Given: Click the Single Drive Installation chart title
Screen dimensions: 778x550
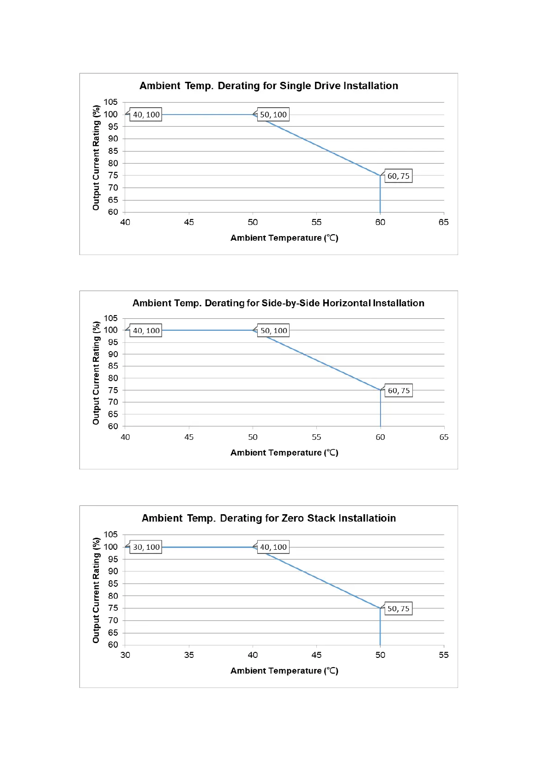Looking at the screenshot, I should (x=269, y=86).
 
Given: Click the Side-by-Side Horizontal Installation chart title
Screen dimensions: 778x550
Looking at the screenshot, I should (x=278, y=303).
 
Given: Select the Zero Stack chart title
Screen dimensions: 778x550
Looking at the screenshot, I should (x=269, y=518).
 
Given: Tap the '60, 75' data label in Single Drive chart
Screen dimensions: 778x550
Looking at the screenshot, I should (x=398, y=176).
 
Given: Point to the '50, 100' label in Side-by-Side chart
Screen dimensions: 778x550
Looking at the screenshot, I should (x=273, y=331).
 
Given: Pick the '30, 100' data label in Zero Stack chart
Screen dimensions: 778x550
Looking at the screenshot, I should (x=146, y=547).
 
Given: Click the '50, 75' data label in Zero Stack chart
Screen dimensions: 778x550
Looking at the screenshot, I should (x=398, y=608).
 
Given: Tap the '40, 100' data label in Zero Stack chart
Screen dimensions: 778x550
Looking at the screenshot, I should (x=273, y=547).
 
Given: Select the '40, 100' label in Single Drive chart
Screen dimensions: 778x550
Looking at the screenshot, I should (x=146, y=115).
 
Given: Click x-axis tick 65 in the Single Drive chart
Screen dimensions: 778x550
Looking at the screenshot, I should (x=444, y=222).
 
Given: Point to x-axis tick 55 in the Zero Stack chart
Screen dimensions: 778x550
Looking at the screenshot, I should (x=444, y=655).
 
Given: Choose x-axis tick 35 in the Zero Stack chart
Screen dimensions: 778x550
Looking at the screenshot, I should (x=189, y=655).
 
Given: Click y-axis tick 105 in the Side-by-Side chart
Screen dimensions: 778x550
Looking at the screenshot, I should (x=111, y=318).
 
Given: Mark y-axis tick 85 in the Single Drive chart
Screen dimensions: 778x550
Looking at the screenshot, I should (x=113, y=151).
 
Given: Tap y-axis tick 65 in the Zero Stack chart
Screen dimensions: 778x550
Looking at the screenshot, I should (x=113, y=633).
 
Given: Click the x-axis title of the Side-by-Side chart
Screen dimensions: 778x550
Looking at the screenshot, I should (x=284, y=453).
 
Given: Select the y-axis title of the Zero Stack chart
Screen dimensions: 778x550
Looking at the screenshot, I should (x=96, y=590).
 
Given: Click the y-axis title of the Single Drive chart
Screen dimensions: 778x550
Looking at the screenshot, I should (x=96, y=158).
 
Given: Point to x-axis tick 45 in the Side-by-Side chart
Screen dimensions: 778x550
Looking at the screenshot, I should (x=189, y=437).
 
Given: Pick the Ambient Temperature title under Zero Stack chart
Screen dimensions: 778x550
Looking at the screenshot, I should (x=284, y=671).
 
